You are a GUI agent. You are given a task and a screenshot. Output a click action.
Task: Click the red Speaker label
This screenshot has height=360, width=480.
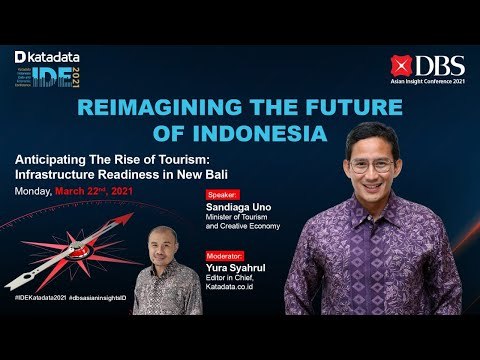(222, 193)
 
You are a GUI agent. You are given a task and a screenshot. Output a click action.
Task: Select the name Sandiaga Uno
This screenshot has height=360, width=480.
(238, 206)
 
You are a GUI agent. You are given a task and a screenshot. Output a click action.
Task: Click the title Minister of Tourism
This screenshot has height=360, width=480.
(237, 217)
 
